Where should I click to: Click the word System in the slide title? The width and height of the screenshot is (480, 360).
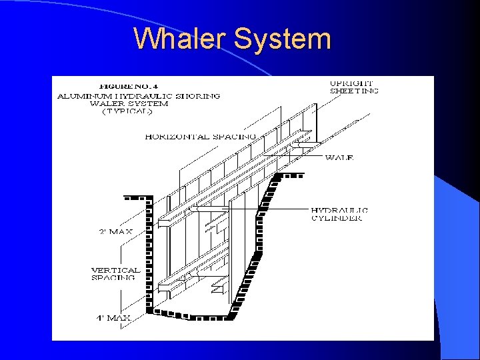coord(282,39)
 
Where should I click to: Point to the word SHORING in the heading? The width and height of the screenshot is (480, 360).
coord(199,95)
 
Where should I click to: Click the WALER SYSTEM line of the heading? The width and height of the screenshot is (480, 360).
coord(129,104)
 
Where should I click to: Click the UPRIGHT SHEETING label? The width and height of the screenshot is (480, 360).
coord(354,87)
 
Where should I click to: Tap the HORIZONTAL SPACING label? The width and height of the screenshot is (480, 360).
coord(200,137)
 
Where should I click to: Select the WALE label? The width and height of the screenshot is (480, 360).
coord(339,158)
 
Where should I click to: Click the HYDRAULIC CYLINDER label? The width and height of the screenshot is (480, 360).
coord(339,214)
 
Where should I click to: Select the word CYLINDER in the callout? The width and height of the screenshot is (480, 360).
coord(337,218)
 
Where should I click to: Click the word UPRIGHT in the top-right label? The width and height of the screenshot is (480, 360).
coord(352,83)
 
